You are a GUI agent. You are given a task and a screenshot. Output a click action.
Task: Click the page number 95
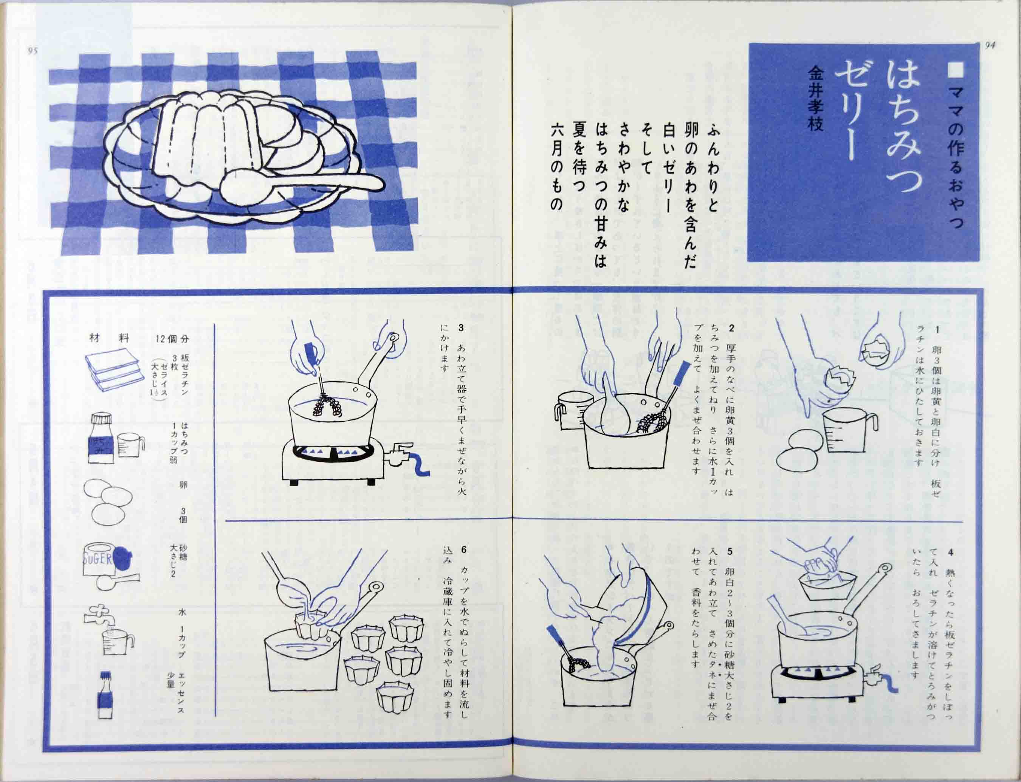click(33, 51)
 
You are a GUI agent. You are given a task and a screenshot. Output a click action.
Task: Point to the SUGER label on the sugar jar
click(98, 559)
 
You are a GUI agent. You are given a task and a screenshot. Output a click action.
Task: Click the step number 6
click(463, 550)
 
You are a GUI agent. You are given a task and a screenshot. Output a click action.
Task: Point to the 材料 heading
click(109, 338)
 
